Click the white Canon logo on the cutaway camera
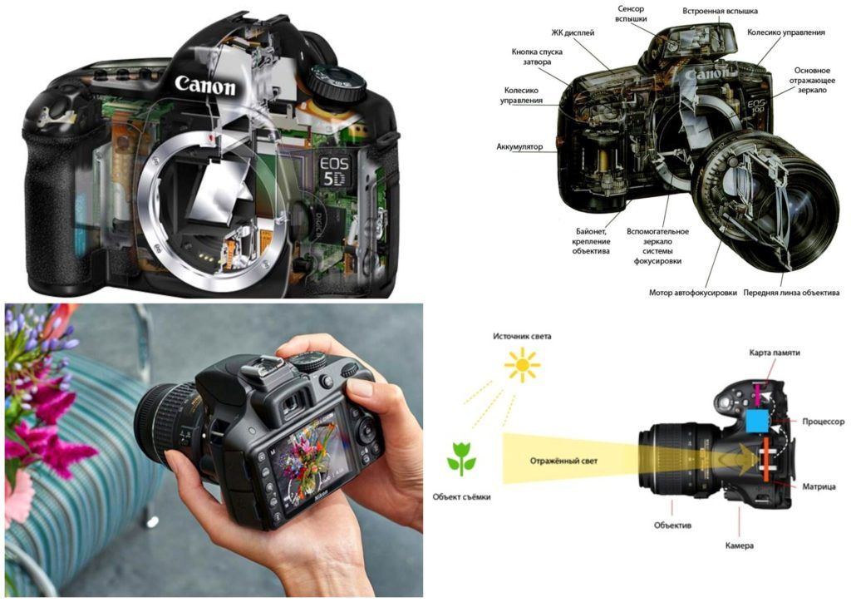(x=206, y=85)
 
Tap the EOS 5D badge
(x=334, y=171)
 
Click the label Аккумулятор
(x=519, y=146)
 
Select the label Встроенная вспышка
(x=720, y=11)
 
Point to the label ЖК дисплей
(x=573, y=32)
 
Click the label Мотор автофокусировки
(x=692, y=293)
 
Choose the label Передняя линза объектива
(x=791, y=293)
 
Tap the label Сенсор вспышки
(x=630, y=13)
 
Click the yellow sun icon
(x=522, y=365)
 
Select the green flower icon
(x=461, y=458)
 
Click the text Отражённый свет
(x=563, y=461)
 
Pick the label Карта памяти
(x=775, y=353)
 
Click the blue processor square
(x=758, y=422)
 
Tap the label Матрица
(x=819, y=487)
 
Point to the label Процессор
(x=824, y=422)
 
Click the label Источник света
(x=522, y=336)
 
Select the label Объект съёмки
(x=461, y=496)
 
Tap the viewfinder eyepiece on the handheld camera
(x=292, y=402)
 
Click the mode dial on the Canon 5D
(x=335, y=84)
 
